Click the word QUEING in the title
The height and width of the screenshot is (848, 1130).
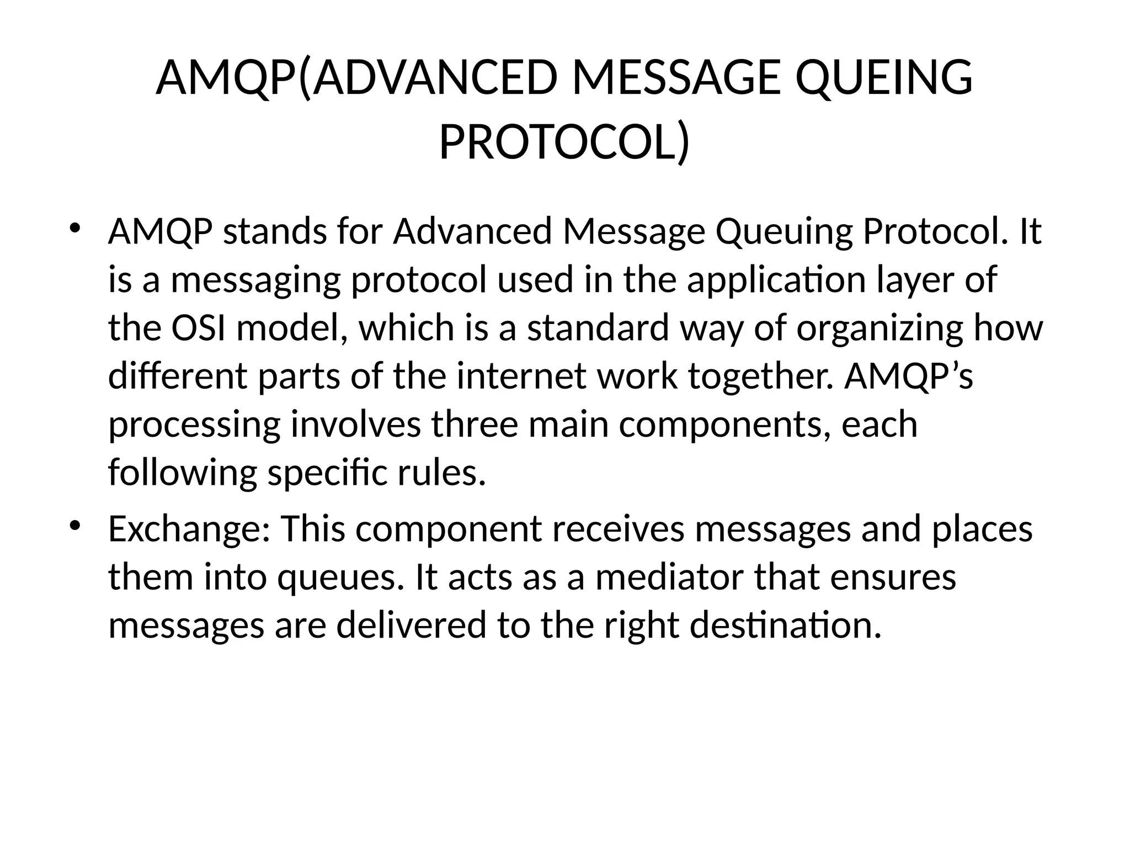tap(884, 79)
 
